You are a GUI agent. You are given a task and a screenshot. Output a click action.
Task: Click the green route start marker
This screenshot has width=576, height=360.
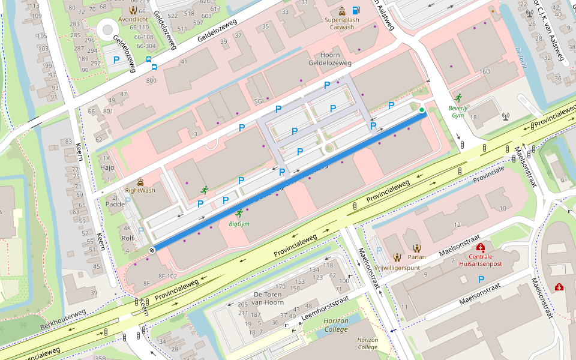422,110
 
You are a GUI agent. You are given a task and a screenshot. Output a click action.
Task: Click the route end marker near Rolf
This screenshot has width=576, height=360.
152,250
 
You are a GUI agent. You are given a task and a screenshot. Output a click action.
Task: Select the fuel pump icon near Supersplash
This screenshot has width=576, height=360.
356,10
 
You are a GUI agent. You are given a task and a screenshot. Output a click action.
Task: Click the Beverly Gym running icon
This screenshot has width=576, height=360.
458,97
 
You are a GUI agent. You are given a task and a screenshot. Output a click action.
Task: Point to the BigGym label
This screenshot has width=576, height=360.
239,224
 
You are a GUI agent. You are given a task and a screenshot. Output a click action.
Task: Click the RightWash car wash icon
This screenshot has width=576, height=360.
140,181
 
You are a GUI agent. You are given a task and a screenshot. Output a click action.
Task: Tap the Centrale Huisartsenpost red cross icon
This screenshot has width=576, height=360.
480,247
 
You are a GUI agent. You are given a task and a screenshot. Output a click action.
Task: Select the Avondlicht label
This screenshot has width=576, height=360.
133,18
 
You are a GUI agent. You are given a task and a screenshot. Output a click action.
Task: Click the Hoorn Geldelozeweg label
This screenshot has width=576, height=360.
329,59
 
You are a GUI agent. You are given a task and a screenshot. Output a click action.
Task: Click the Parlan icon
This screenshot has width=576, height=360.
416,247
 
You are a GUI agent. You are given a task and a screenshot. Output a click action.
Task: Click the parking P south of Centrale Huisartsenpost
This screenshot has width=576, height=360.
481,279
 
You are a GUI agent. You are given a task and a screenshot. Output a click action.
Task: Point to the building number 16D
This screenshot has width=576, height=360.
484,71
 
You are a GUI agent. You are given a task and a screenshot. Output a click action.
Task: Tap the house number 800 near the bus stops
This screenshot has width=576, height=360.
151,80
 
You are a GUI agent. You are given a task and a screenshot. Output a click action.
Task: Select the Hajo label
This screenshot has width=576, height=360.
107,168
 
